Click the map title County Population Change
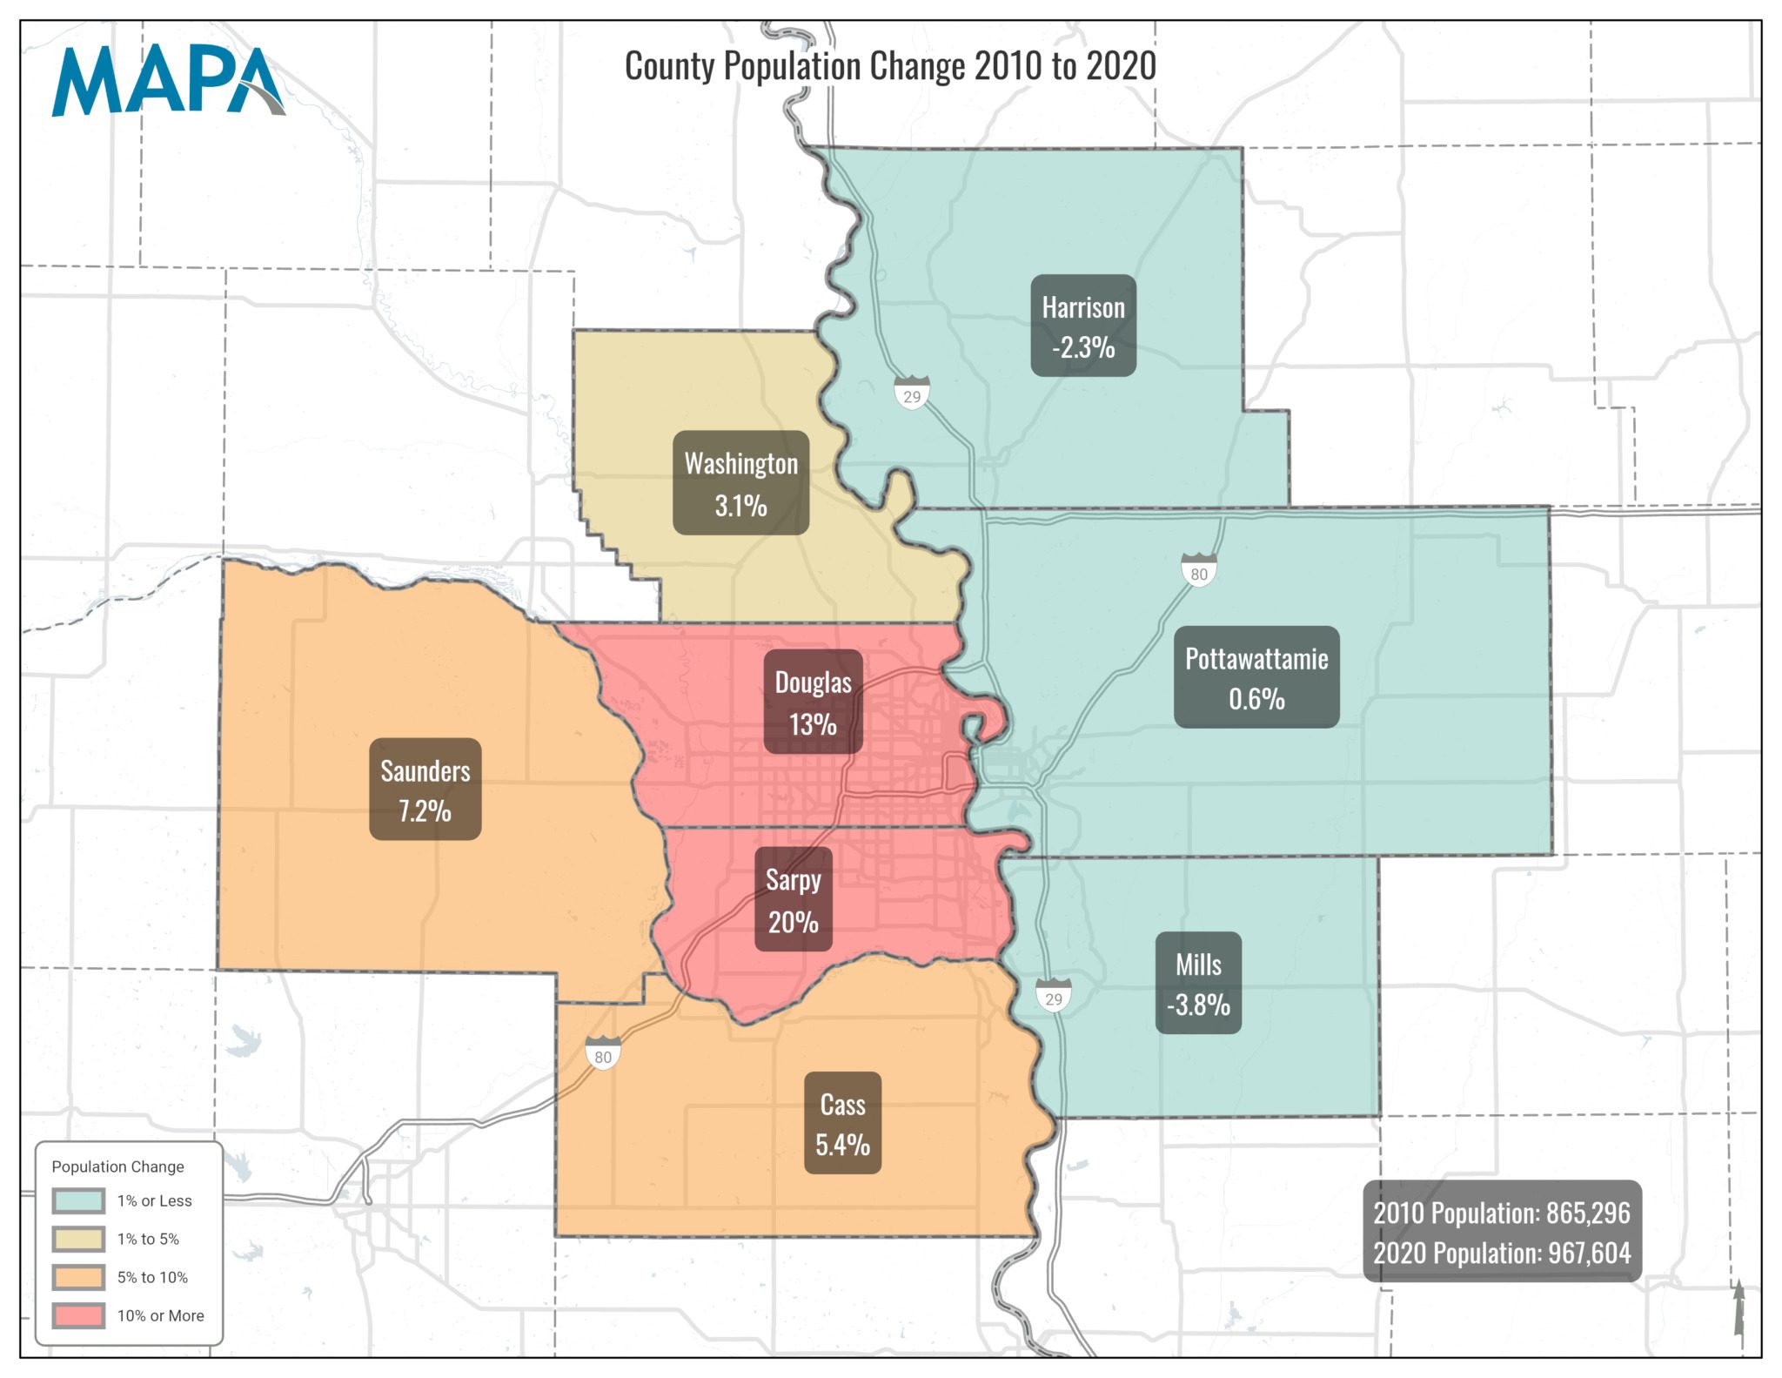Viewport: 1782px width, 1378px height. pyautogui.click(x=890, y=67)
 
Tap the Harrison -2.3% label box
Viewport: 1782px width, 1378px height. pyautogui.click(x=1083, y=326)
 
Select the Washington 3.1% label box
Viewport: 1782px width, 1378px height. pyautogui.click(x=740, y=483)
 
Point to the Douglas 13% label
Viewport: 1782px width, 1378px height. pyautogui.click(x=813, y=702)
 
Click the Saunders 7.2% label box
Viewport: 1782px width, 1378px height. pyautogui.click(x=425, y=790)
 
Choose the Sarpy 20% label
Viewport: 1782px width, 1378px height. pyautogui.click(x=793, y=900)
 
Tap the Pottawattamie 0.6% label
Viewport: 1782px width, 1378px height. pyautogui.click(x=1256, y=677)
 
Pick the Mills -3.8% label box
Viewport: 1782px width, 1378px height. pyautogui.click(x=1198, y=984)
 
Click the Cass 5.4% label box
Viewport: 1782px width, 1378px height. pyautogui.click(x=842, y=1123)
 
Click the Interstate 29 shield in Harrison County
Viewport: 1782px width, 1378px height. pyautogui.click(x=912, y=394)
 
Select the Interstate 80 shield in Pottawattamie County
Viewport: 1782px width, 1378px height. pyautogui.click(x=1199, y=571)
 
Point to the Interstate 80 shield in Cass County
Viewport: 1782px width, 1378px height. pyautogui.click(x=603, y=1054)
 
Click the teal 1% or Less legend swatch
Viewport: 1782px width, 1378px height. pyautogui.click(x=78, y=1200)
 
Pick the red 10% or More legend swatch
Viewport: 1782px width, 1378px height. pyautogui.click(x=78, y=1315)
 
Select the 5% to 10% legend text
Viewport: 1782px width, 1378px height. pyautogui.click(x=152, y=1277)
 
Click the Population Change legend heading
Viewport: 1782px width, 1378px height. pyautogui.click(x=117, y=1166)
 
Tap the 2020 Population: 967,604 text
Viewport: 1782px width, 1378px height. pyautogui.click(x=1502, y=1254)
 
